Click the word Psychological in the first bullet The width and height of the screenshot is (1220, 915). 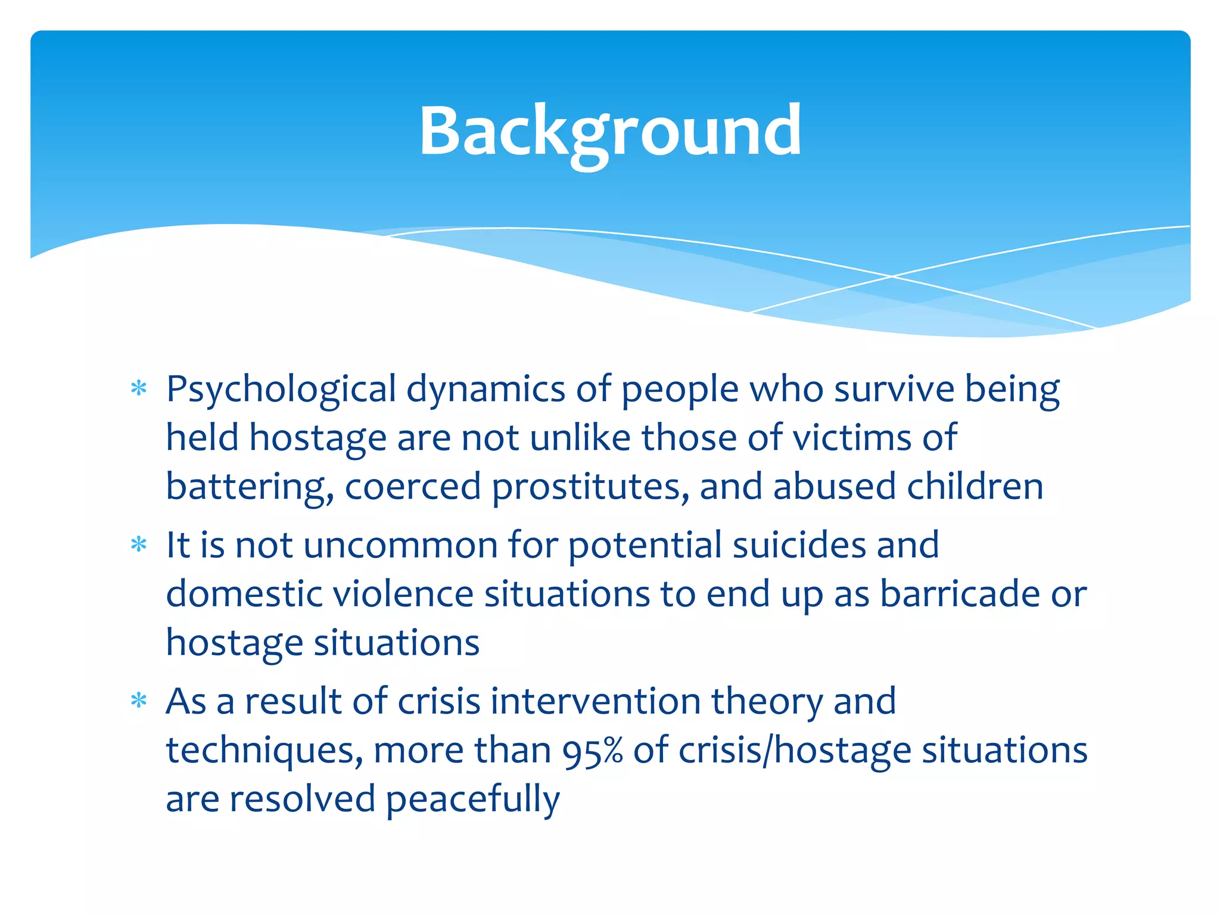coord(281,390)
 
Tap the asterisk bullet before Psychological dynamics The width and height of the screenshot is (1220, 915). coord(139,389)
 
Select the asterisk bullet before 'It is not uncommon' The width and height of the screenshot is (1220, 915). coord(139,544)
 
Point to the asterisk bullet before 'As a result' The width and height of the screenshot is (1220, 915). coord(139,701)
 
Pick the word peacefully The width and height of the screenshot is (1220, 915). coord(472,800)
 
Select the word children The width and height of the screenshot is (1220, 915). coord(975,487)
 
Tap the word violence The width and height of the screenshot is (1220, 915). coord(403,594)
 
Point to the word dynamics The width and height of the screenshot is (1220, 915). coord(485,390)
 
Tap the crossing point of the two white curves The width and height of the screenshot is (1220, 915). coord(892,276)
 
